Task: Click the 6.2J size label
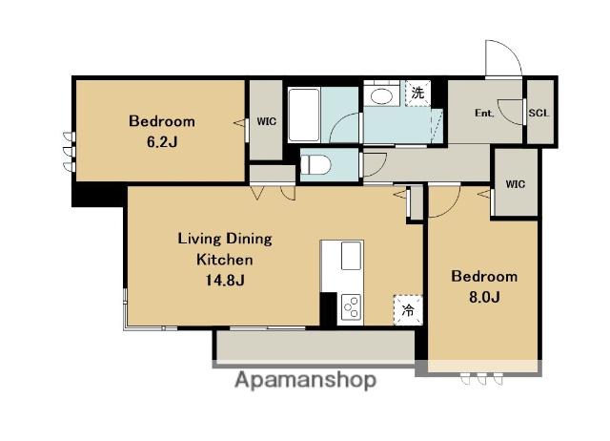[162, 142]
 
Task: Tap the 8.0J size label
[484, 297]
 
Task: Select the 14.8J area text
[225, 280]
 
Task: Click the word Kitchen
[225, 260]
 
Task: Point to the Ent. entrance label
[484, 113]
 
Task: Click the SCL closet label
[539, 113]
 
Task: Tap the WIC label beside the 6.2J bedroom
[267, 121]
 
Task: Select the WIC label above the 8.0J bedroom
[516, 184]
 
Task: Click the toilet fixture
[315, 165]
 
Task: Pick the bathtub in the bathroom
[304, 115]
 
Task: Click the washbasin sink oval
[381, 96]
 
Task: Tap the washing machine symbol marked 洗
[417, 94]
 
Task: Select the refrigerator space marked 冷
[408, 310]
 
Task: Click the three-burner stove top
[351, 306]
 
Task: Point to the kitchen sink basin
[352, 256]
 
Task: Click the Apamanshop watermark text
[305, 380]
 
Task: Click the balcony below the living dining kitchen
[315, 346]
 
